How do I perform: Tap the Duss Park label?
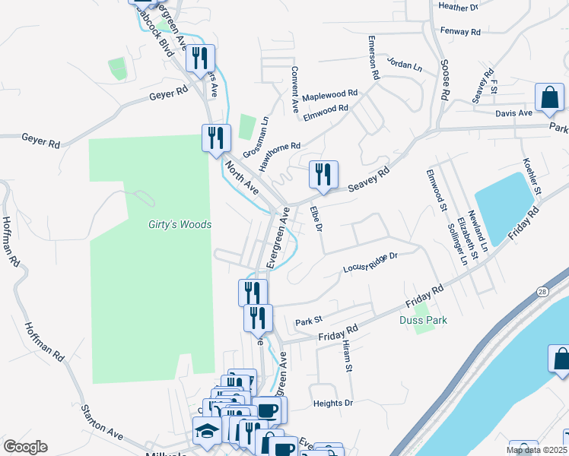(x=423, y=320)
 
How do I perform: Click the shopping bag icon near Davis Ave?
(x=549, y=97)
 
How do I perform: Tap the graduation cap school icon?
(x=206, y=430)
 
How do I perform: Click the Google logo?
(x=25, y=446)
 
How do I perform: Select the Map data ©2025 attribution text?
(x=536, y=450)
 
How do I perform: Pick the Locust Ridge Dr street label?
(x=370, y=263)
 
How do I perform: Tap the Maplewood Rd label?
(x=329, y=96)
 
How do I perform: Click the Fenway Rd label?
(x=460, y=32)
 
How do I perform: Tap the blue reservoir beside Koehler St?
(x=503, y=206)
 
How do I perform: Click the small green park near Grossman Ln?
(x=246, y=126)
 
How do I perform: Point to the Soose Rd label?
(x=444, y=81)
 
